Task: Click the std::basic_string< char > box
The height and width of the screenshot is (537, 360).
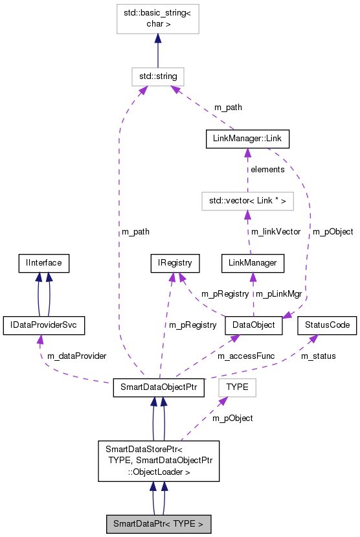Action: (157, 19)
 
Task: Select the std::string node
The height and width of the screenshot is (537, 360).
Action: (157, 76)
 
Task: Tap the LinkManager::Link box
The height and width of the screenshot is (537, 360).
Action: (247, 139)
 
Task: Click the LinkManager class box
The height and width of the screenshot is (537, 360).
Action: (253, 263)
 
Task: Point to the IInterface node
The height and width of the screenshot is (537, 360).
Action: (43, 263)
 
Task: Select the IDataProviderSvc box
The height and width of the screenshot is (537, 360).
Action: (43, 325)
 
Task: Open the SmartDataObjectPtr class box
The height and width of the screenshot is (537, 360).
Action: (159, 387)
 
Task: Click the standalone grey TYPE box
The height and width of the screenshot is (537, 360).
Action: (237, 387)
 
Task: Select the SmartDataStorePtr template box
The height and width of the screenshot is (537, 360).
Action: (159, 460)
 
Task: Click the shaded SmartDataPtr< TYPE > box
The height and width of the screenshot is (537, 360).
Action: (159, 523)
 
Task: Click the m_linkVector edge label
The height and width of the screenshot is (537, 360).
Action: (276, 231)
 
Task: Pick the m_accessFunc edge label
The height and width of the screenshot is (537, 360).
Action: (242, 356)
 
